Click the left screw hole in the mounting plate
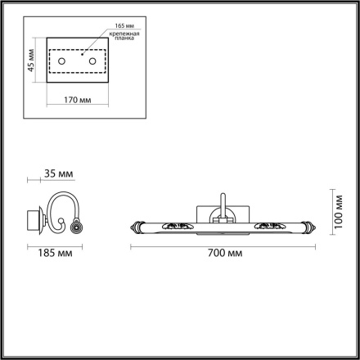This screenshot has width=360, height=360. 71,62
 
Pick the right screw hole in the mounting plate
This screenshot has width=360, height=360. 92,62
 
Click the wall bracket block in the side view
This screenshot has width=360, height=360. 34,218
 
